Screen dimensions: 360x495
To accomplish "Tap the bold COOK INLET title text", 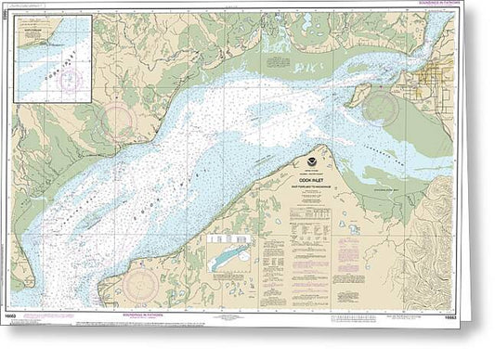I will pos(309,183).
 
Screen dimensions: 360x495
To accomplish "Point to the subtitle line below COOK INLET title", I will pos(309,189).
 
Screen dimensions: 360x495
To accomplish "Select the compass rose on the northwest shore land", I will pos(122,122).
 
